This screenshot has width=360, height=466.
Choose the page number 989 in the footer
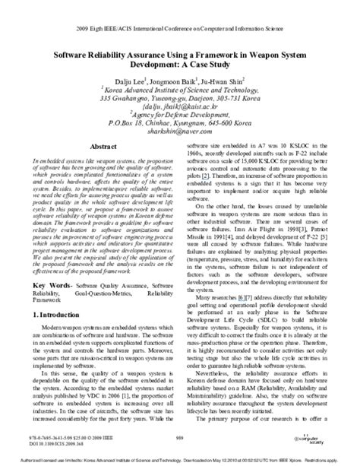pos(180,439)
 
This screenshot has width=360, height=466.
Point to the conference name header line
pos(180,11)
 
